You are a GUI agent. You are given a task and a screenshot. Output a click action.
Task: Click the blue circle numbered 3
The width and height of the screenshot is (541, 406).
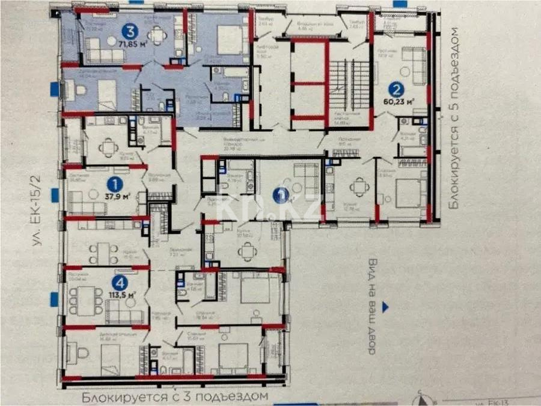128,29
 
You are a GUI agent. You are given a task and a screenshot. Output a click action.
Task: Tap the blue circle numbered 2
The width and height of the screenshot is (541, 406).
396,91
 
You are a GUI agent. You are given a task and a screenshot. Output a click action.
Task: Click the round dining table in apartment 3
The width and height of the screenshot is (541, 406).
157,36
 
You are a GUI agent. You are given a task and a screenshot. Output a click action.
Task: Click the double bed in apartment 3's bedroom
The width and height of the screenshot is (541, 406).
228,38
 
